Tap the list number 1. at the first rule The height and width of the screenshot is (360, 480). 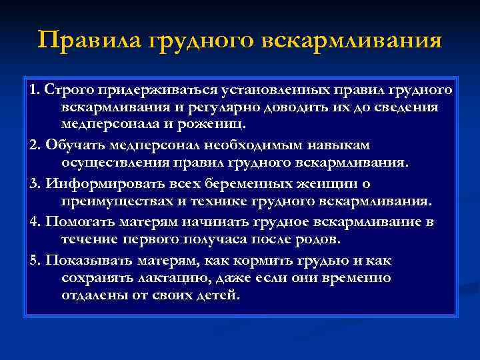(35, 89)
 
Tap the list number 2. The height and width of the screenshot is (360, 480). (35, 145)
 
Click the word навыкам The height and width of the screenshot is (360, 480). (333, 145)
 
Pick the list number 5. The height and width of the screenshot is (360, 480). (35, 258)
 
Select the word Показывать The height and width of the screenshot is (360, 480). (85, 258)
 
